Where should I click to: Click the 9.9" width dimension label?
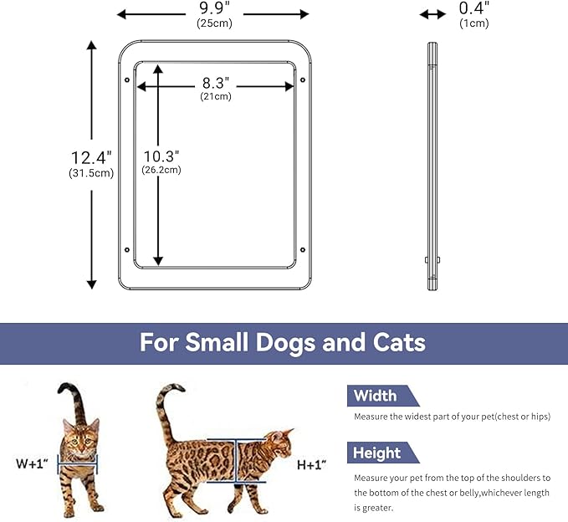coord(212,9)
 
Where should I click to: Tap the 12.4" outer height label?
coord(90,157)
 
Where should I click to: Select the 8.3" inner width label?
coord(216,84)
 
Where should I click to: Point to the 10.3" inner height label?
coord(161,156)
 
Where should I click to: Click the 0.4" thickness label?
coord(474,8)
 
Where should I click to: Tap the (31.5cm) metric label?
coord(90,173)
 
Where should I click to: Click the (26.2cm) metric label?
coord(161,170)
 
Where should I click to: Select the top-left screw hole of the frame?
coord(126,80)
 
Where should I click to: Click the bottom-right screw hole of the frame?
coord(302,248)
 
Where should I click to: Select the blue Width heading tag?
coord(375,396)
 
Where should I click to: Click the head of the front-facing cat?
coord(80,435)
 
